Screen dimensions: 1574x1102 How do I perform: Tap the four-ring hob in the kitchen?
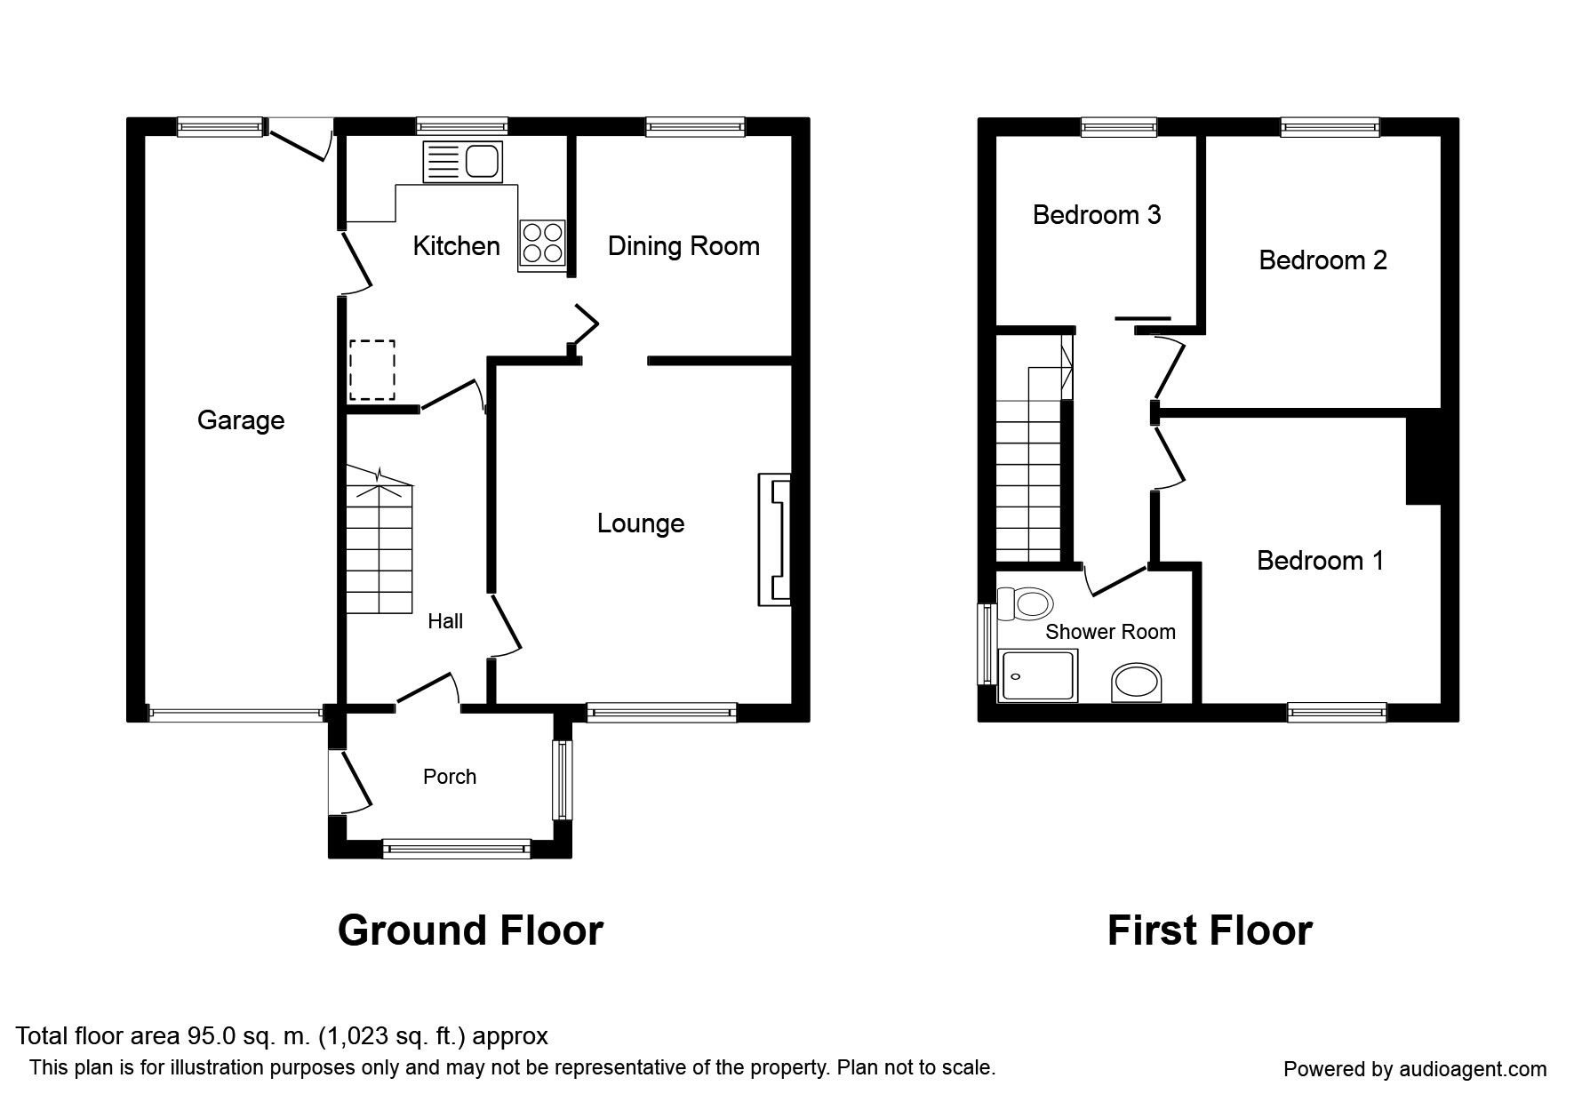(542, 242)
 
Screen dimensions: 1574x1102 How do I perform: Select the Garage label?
(241, 420)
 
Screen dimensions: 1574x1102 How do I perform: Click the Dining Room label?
(683, 246)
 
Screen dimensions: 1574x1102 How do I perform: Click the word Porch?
(450, 777)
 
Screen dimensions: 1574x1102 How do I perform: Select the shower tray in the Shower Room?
(1038, 675)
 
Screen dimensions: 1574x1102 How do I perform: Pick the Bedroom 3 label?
(1097, 215)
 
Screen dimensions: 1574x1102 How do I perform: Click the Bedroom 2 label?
(1322, 260)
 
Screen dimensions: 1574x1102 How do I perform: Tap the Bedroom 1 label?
(1320, 561)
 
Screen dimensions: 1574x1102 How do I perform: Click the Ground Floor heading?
(470, 930)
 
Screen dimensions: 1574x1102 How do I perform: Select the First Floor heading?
(1209, 930)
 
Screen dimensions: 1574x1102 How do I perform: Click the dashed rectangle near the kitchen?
(372, 370)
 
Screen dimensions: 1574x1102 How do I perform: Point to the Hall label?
(445, 621)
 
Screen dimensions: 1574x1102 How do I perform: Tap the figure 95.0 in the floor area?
(211, 1036)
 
